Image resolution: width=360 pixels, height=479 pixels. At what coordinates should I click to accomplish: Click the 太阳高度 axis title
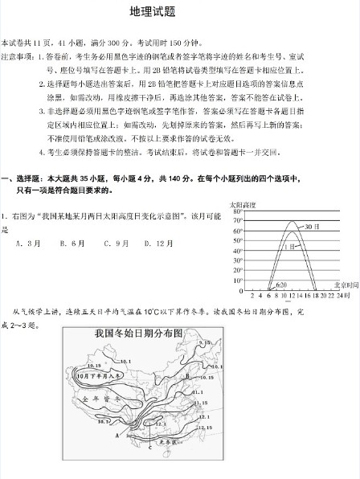pos(242,204)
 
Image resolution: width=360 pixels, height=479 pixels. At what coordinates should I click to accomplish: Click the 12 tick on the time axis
pos(291,295)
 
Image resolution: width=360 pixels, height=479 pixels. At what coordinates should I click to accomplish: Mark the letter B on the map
pos(186,375)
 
